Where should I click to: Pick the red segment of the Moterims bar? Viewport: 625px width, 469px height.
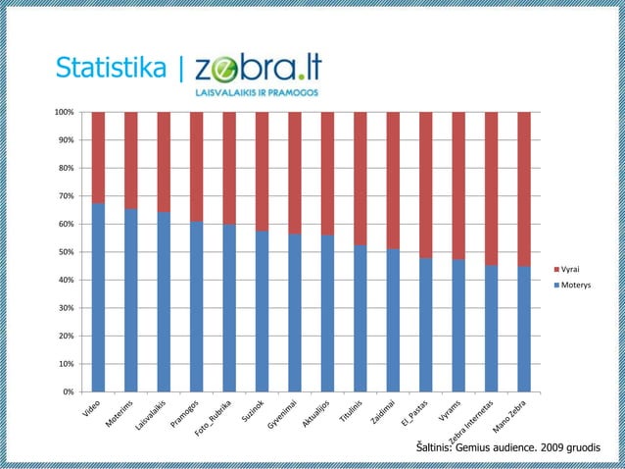click(x=130, y=160)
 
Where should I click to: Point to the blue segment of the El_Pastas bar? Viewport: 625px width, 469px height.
click(x=425, y=325)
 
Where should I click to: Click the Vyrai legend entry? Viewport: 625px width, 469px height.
click(x=568, y=268)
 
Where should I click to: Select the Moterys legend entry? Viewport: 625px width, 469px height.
click(x=572, y=285)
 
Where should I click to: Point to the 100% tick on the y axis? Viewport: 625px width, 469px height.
click(x=65, y=112)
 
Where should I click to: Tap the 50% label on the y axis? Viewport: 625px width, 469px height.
click(x=67, y=252)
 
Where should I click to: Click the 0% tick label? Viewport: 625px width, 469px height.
click(x=69, y=392)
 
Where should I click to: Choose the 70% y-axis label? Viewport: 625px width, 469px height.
click(x=67, y=196)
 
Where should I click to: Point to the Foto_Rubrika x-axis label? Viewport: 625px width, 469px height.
click(x=214, y=419)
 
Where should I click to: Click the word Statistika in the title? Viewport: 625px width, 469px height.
click(x=110, y=68)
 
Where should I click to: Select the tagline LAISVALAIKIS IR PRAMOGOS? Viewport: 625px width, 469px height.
click(x=258, y=92)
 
